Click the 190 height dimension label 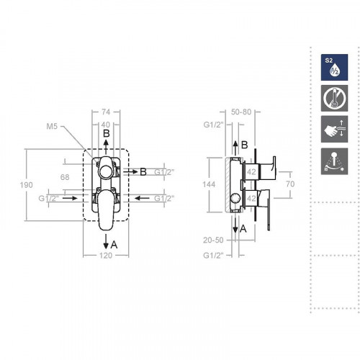[x=26, y=185]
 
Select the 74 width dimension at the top [x=106, y=112]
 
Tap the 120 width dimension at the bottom [x=106, y=256]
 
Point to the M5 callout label [x=52, y=126]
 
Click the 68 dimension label [x=65, y=177]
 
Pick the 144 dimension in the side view [x=209, y=184]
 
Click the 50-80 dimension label [x=241, y=112]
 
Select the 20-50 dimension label [x=213, y=240]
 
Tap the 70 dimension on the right [x=290, y=184]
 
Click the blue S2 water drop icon [x=334, y=67]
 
